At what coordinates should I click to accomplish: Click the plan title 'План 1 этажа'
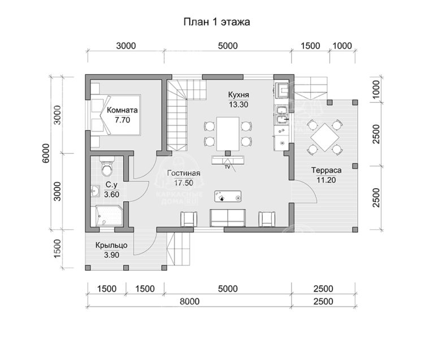point(217,22)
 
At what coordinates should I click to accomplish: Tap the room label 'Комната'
point(122,110)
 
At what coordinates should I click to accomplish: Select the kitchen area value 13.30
point(238,105)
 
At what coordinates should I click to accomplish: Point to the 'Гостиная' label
point(184,174)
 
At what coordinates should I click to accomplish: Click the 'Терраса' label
point(326,170)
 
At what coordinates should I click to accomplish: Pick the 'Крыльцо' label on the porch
point(111,245)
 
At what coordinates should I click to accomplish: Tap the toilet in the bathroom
point(107,167)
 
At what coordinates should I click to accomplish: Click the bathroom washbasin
point(95,191)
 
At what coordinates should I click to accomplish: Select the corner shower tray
point(109,216)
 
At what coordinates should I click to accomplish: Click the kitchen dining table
point(228,133)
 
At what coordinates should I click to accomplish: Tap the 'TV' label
point(228,167)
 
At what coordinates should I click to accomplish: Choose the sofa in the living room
point(228,218)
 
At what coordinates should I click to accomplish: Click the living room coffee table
point(228,197)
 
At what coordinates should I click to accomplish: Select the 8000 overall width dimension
point(189,301)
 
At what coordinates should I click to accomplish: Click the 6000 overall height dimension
point(46,153)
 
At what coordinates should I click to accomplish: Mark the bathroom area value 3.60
point(111,194)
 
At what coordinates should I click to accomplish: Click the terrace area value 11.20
point(326,180)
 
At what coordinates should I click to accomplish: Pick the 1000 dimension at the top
point(342,46)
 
